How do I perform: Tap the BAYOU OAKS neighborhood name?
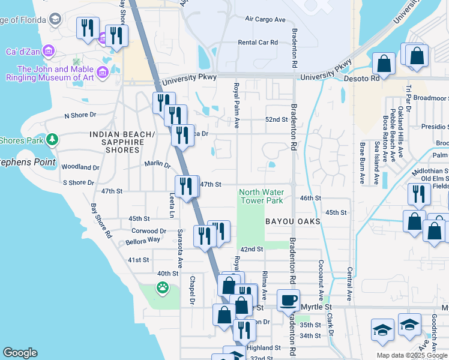coord(293,221)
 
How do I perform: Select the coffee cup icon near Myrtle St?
coord(288,300)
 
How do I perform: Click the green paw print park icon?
coord(162,289)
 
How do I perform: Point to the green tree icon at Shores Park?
coord(52,140)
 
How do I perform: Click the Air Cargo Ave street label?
coord(265,19)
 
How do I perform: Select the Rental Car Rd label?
coord(258,43)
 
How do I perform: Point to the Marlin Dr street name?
coord(157,164)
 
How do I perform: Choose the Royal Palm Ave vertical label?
coord(237,106)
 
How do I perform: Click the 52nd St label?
coord(277,119)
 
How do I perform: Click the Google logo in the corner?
coord(20,353)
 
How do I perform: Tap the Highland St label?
coord(263,347)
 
